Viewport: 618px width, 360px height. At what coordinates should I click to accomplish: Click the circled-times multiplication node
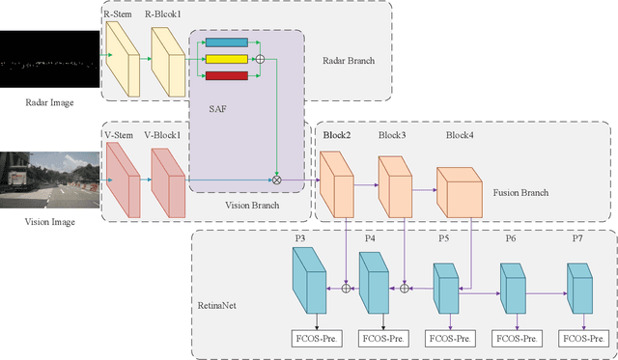278,180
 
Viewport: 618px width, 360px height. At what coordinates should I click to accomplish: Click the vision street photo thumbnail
48,180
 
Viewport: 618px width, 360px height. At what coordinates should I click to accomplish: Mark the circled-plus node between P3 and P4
347,288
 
